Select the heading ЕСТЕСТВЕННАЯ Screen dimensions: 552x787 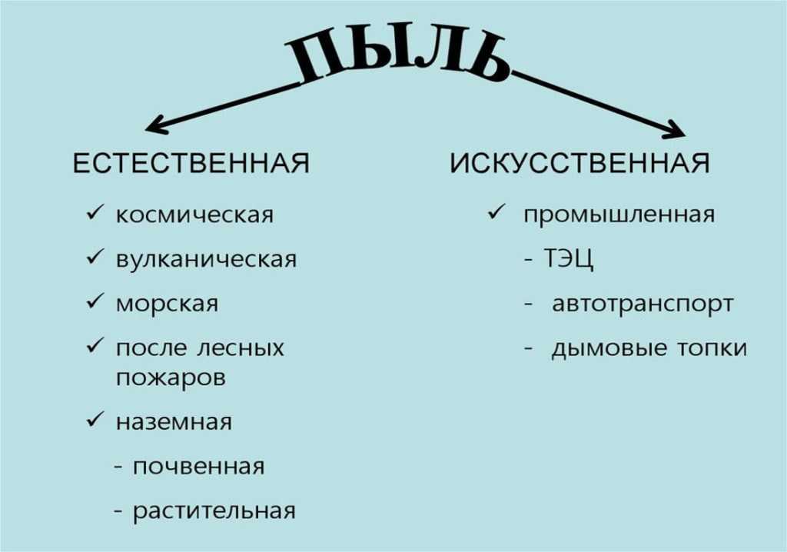point(191,164)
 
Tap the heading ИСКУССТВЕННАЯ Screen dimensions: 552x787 point(579,164)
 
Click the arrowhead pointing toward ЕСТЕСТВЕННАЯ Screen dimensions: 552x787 point(154,125)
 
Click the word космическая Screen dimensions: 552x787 point(194,214)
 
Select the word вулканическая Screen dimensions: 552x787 point(206,259)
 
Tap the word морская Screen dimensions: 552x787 point(167,304)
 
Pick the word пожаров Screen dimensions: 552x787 point(171,378)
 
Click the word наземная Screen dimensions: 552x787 point(174,422)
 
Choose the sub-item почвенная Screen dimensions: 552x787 point(198,467)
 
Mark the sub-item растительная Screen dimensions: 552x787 point(214,511)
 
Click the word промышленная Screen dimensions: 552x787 point(619,214)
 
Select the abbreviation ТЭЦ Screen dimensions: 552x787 point(569,259)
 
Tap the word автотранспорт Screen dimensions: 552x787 point(643,304)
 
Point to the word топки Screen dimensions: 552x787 point(711,347)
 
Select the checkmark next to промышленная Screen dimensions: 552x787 point(496,214)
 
